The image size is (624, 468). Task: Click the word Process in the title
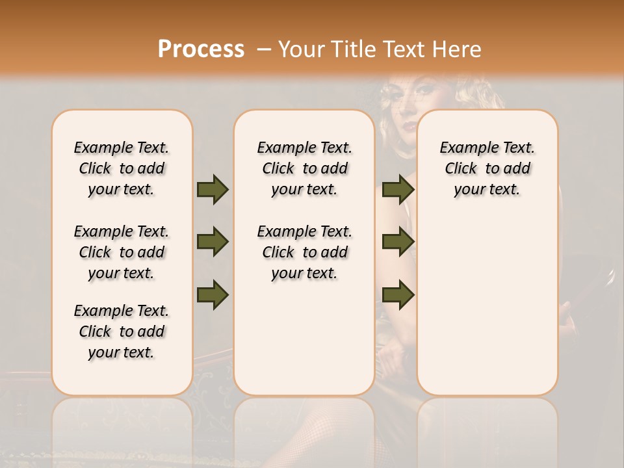(x=201, y=49)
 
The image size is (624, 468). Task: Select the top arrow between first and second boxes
(x=213, y=189)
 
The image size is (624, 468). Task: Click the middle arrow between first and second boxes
(x=213, y=242)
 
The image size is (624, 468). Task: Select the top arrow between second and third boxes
(x=398, y=189)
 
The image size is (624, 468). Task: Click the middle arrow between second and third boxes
(x=398, y=242)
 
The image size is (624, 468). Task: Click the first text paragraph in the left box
(x=122, y=168)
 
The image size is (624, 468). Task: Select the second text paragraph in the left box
(x=122, y=252)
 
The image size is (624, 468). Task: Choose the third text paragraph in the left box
(x=122, y=331)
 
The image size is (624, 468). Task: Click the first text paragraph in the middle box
(x=304, y=168)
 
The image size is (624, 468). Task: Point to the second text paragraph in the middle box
(x=304, y=252)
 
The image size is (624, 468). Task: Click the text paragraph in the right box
(x=487, y=168)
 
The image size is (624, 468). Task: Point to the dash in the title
(x=264, y=49)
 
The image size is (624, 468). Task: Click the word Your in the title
(x=300, y=49)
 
